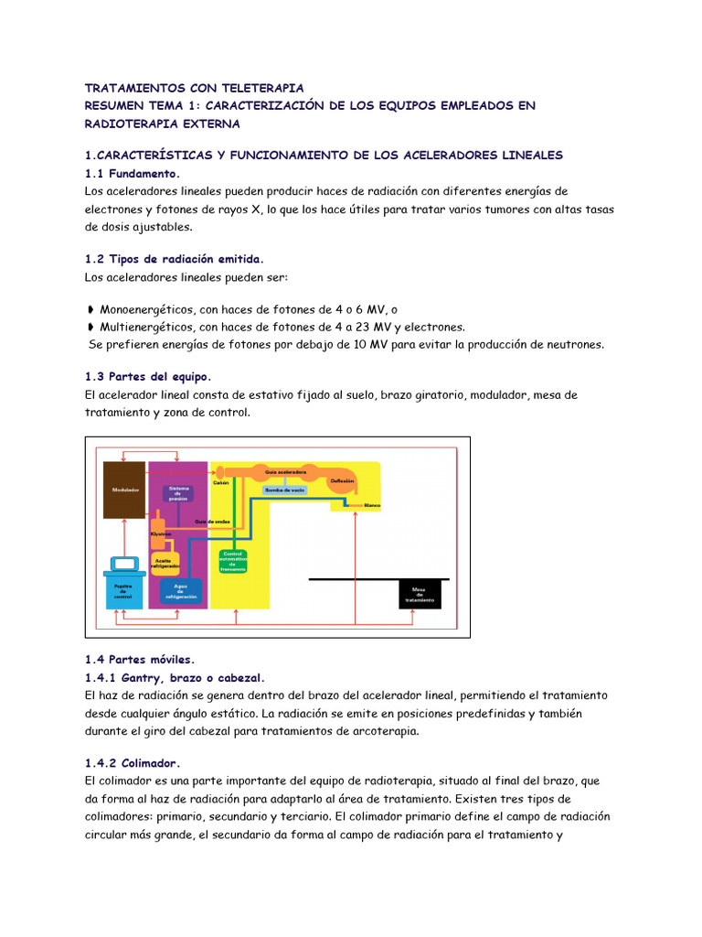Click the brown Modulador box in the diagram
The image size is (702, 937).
pos(126,490)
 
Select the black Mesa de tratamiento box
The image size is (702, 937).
pos(420,594)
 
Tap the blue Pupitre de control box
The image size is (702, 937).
pos(123,590)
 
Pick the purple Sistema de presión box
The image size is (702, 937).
pos(178,494)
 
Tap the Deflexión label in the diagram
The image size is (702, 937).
pos(356,479)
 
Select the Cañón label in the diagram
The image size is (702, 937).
pos(220,482)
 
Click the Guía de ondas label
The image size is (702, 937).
pos(211,521)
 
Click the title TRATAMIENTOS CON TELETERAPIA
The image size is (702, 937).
pos(194,88)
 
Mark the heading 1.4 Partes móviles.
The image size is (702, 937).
pos(140,660)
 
